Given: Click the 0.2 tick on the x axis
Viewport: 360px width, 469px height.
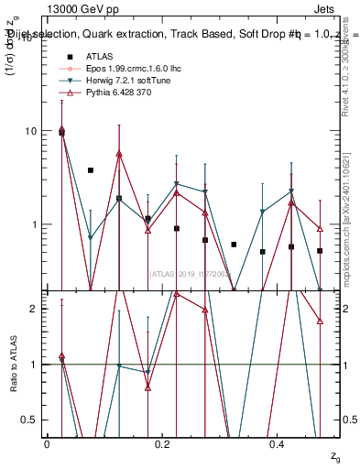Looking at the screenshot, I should (x=162, y=443).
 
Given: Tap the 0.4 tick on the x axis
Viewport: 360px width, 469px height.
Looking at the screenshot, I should (x=278, y=443).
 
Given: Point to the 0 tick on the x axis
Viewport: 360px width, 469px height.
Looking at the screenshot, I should (x=47, y=443).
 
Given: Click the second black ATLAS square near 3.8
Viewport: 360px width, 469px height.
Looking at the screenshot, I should (x=91, y=170).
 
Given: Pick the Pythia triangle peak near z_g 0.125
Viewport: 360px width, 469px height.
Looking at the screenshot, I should (x=119, y=154).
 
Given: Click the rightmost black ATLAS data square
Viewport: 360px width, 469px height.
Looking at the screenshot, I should (x=320, y=250).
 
